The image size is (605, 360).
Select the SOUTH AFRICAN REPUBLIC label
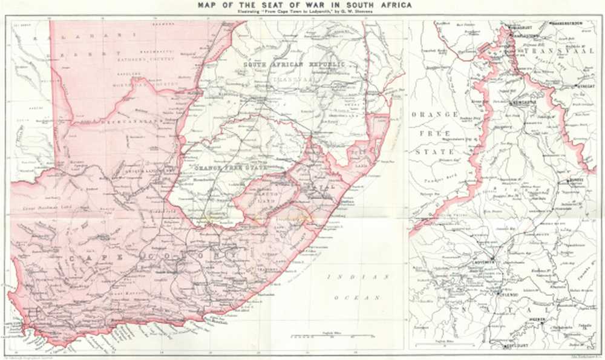click(x=293, y=64)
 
